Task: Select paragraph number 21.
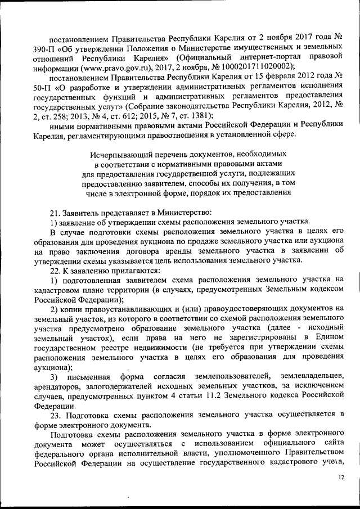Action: (x=55, y=213)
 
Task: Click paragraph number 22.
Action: (x=55, y=269)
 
